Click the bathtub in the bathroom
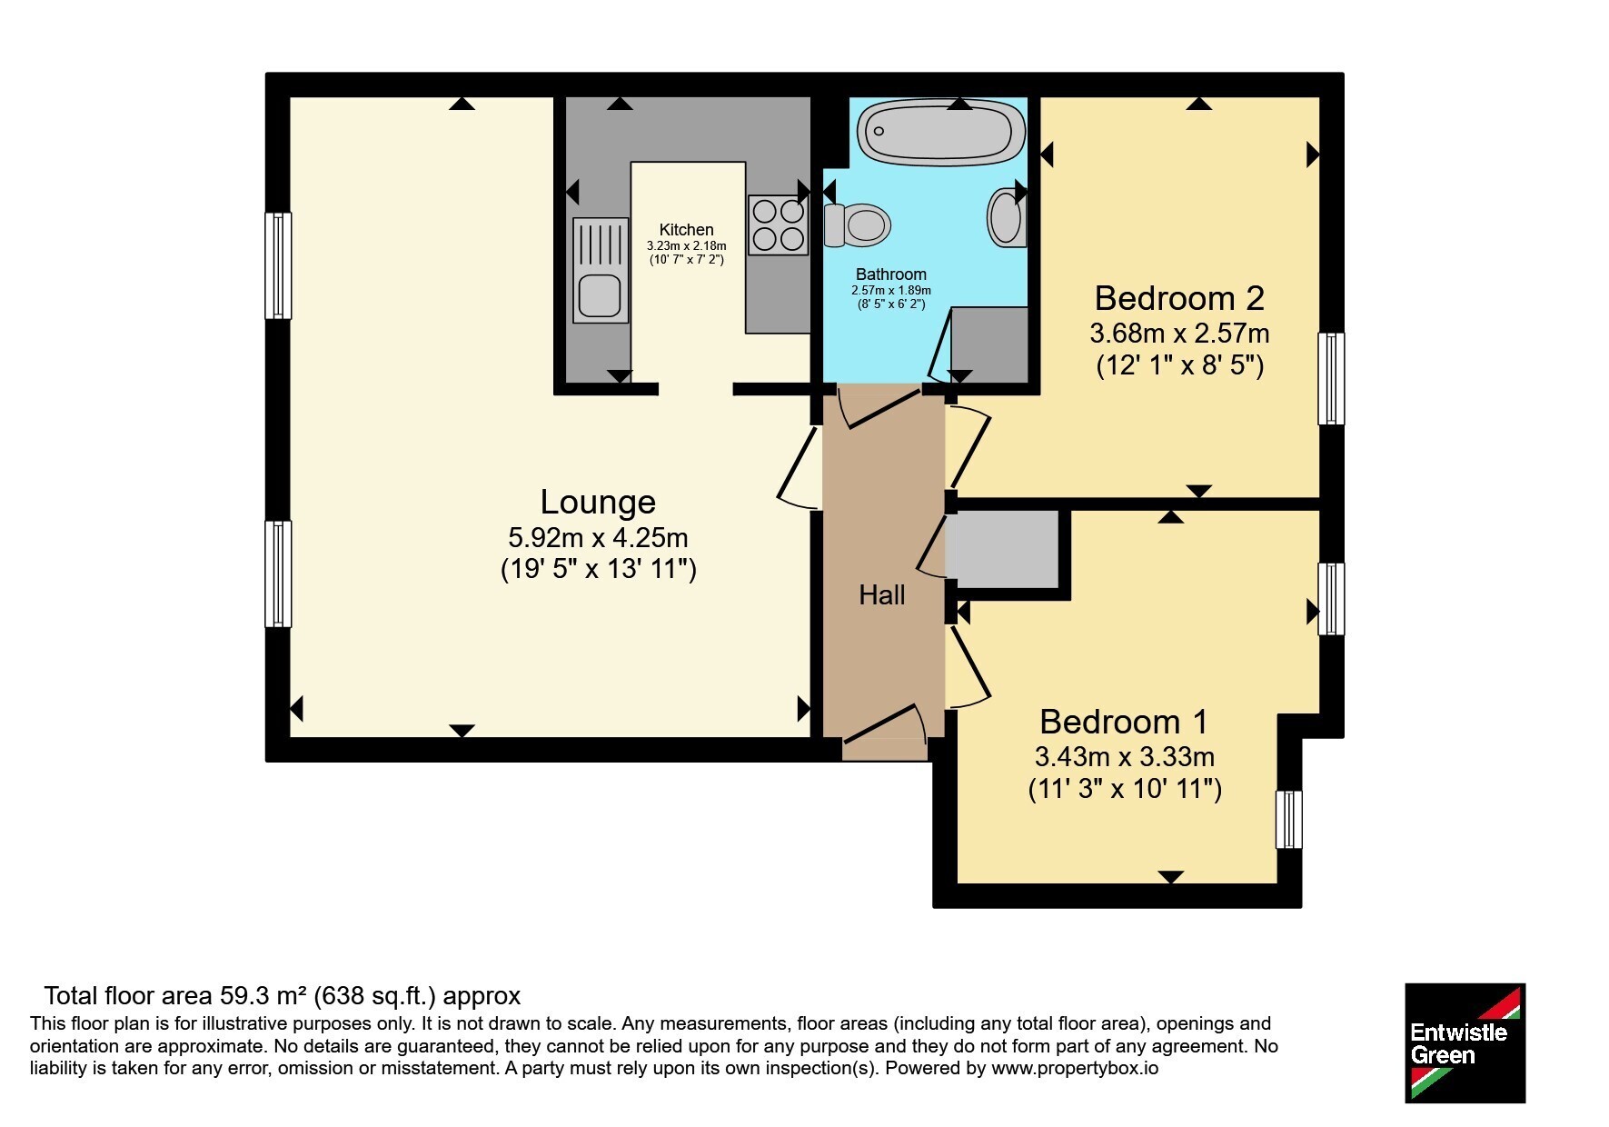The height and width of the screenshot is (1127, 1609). tap(935, 133)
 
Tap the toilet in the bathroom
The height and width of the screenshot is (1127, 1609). tap(857, 224)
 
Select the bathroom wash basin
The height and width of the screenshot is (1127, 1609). tap(1007, 216)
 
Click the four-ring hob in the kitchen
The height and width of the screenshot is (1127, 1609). tap(778, 224)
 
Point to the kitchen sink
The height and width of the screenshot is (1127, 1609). tap(601, 270)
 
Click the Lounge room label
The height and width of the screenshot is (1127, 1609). tap(598, 502)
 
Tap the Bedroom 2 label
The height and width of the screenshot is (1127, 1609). tap(1179, 298)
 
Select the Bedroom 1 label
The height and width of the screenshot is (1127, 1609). tap(1124, 722)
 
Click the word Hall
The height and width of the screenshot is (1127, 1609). tap(882, 595)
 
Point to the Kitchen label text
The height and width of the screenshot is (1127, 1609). tap(686, 230)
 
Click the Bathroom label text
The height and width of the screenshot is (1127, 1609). tap(891, 274)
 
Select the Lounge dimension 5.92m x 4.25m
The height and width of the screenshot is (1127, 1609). tap(598, 537)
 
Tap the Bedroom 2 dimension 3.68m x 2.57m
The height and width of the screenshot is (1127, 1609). tap(1179, 334)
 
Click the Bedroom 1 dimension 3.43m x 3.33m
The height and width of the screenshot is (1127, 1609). tap(1124, 756)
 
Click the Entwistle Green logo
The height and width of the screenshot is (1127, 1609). tap(1465, 1043)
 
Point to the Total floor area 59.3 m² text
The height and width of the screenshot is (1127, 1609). tap(176, 996)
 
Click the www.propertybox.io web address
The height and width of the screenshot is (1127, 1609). tap(1075, 1069)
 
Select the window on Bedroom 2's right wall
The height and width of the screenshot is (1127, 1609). tap(1331, 378)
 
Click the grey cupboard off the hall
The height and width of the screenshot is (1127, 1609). tap(1002, 549)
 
